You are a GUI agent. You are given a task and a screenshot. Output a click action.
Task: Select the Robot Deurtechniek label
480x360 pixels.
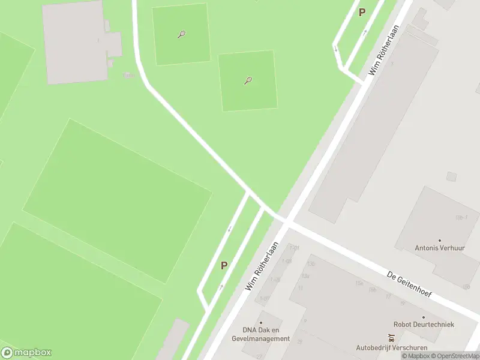(x=424, y=325)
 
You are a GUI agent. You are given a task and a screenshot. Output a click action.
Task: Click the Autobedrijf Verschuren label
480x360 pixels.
(x=391, y=347)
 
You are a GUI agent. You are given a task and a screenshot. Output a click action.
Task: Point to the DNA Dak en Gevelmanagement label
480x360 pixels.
(x=266, y=334)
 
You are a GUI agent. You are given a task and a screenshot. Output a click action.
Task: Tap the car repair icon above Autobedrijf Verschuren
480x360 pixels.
(x=391, y=338)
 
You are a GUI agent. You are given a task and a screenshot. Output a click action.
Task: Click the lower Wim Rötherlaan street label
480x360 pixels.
(x=262, y=266)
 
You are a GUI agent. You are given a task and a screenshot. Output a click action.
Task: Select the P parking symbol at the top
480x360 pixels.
(x=362, y=12)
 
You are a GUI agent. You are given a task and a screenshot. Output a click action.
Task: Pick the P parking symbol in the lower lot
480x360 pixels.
(x=224, y=265)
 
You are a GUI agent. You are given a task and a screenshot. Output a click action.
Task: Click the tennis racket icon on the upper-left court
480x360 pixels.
(x=181, y=34)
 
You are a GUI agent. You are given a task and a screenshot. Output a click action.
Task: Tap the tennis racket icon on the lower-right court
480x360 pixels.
(x=248, y=80)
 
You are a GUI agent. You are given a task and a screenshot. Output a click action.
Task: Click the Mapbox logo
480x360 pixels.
(x=26, y=353)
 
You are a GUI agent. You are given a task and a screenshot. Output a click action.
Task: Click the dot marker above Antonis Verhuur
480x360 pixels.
(x=439, y=240)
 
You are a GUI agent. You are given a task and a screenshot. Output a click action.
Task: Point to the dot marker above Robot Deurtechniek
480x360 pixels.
(x=424, y=317)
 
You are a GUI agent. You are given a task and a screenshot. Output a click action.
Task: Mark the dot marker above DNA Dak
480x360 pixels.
(x=261, y=322)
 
